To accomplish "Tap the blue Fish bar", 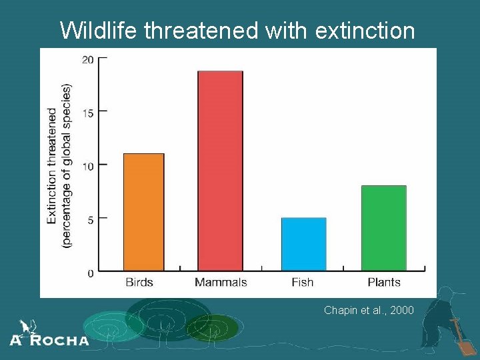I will [x=303, y=244].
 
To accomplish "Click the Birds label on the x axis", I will [x=139, y=283].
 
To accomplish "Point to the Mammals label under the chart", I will [x=221, y=283].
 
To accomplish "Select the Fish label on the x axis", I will [x=303, y=283].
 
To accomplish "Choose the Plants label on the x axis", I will [x=384, y=283].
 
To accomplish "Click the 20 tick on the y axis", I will [x=87, y=60].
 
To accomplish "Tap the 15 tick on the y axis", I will [x=87, y=112].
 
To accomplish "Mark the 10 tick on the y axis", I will [x=87, y=165].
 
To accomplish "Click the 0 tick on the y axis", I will [x=90, y=273].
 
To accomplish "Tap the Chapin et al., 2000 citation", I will [x=369, y=310].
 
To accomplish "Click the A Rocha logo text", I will [x=49, y=339].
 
